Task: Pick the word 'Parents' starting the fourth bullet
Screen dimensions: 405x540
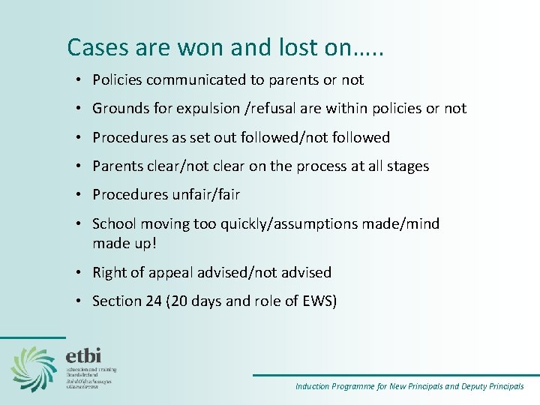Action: coord(117,166)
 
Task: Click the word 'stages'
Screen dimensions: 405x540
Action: coord(407,166)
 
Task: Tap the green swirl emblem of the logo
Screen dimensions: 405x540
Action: coord(34,368)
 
